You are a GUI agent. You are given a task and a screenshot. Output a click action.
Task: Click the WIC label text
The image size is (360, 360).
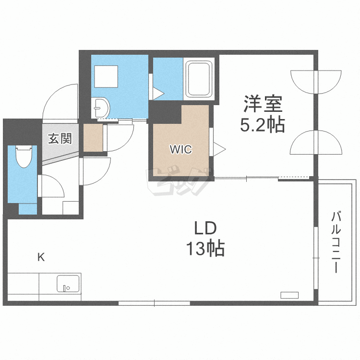(180, 150)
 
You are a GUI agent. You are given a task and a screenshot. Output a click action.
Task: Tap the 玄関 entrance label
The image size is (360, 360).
(60, 139)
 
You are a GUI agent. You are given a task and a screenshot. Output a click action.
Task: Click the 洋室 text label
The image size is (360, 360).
(263, 104)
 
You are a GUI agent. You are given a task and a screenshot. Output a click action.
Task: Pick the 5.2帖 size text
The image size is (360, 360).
(263, 125)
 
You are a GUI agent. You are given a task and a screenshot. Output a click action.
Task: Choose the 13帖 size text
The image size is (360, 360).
(205, 248)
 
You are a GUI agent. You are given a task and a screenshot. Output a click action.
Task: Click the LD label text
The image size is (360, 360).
(205, 227)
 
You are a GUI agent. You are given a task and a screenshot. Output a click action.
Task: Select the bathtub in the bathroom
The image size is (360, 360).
(199, 79)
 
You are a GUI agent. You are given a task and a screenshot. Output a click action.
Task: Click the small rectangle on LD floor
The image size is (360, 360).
(290, 295)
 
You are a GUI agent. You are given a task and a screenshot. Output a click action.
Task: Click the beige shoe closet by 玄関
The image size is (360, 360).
(93, 138)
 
